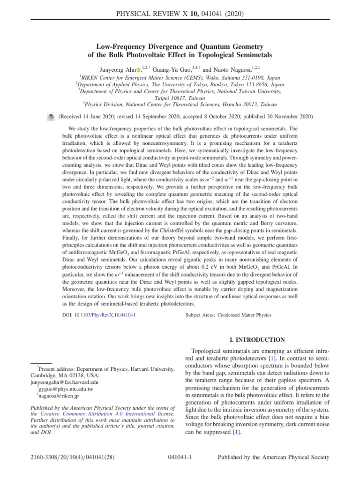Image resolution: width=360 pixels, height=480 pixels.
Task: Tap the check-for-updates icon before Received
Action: pos(51,116)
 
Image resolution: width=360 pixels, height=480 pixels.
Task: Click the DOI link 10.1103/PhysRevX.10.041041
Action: pos(105,315)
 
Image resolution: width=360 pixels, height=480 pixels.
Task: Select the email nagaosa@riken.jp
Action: pos(60,396)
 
